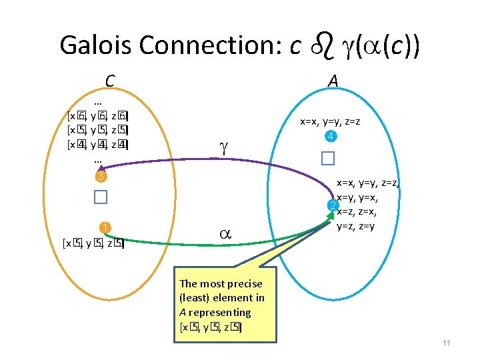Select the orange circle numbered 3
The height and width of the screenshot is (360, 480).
click(x=99, y=177)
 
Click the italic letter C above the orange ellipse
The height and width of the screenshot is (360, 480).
click(x=110, y=81)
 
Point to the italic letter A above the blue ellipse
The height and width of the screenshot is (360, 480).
click(x=333, y=81)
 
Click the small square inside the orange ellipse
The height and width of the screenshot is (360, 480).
click(x=100, y=197)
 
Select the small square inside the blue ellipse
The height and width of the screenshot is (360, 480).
click(x=326, y=159)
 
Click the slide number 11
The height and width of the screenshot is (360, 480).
click(x=447, y=343)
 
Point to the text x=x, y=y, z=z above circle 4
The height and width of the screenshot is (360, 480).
click(x=331, y=122)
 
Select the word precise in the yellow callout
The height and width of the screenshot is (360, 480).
click(x=244, y=284)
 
